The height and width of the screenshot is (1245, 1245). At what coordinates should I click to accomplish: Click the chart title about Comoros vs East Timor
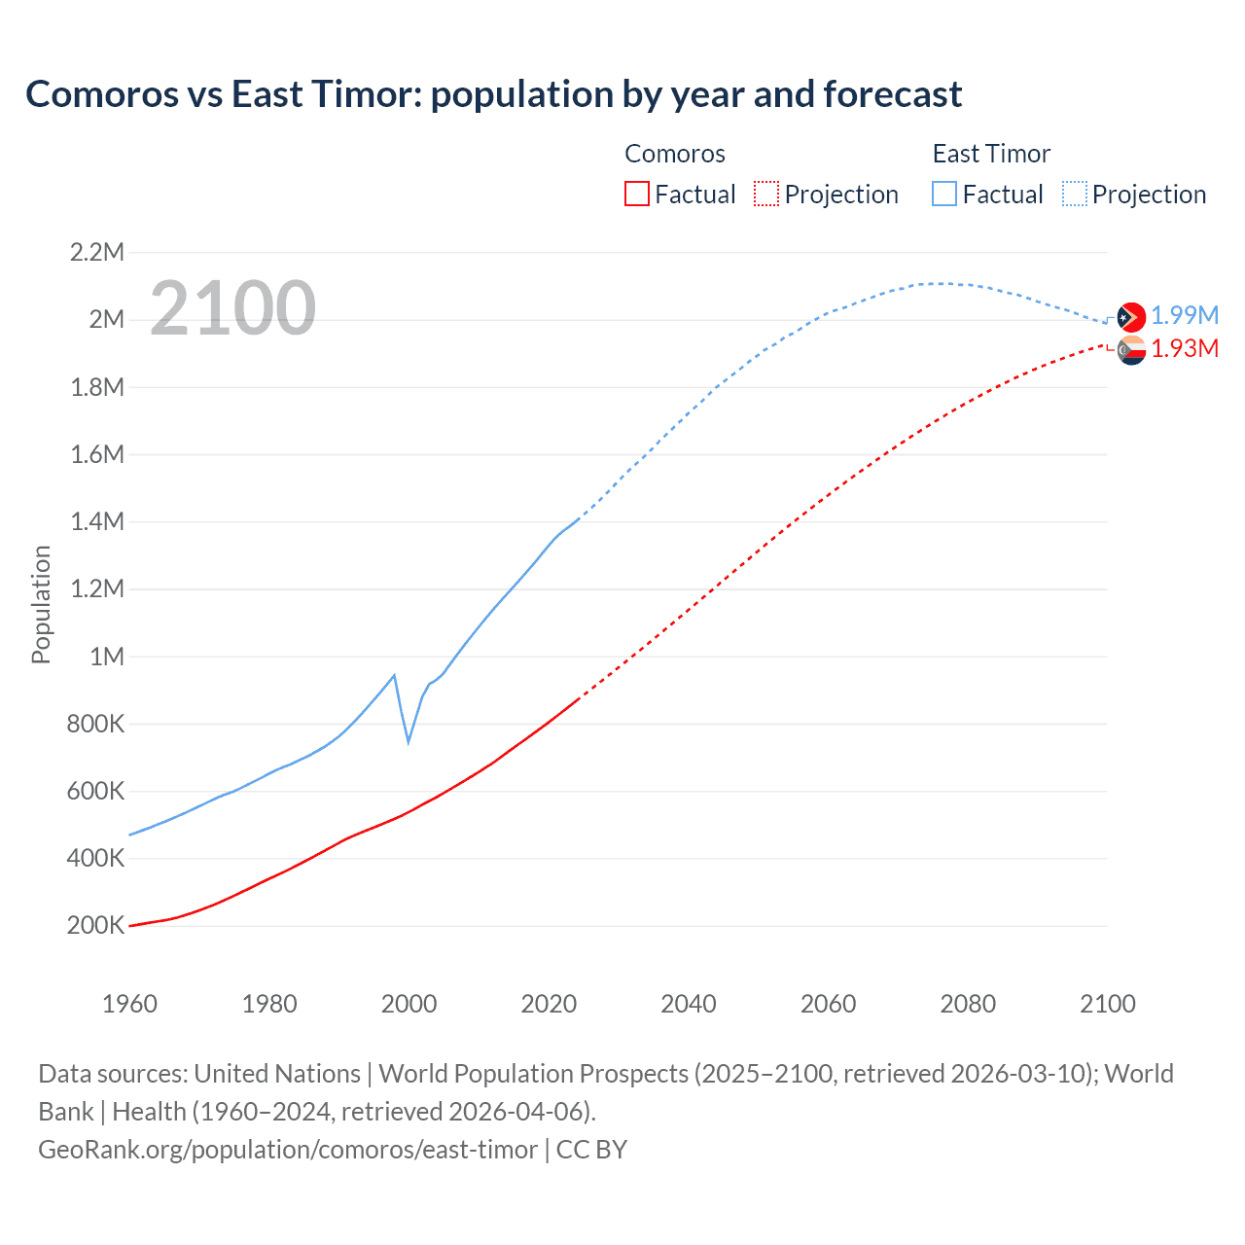493,94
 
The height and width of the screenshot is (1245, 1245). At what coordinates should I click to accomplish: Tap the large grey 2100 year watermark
232,308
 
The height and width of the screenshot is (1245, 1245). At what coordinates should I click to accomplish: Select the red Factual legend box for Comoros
636,194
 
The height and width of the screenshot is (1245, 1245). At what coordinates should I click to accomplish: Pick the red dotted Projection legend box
766,194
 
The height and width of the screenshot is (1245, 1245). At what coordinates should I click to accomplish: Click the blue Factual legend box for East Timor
943,194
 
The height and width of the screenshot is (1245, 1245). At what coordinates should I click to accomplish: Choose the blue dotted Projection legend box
1074,194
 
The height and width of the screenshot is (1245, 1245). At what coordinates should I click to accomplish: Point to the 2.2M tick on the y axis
97,253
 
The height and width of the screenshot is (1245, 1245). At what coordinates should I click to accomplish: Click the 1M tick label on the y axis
107,657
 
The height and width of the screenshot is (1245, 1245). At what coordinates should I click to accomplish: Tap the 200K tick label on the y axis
95,926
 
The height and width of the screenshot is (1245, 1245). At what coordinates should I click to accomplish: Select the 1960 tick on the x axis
129,1004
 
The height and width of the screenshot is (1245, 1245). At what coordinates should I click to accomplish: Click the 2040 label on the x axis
689,1004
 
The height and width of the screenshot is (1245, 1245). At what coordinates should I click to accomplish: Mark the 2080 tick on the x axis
968,1004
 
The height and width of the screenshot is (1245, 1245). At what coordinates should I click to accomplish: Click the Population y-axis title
41,604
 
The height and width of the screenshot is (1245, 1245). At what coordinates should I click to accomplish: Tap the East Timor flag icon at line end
1131,317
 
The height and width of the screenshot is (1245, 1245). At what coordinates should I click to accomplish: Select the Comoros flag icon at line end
1131,350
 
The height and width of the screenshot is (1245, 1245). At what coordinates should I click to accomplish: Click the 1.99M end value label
1185,316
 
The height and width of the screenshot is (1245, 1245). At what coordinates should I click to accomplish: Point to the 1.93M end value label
1185,349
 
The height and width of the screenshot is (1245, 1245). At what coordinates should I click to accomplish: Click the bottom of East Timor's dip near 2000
409,741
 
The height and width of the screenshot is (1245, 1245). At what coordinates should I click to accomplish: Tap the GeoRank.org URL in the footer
288,1150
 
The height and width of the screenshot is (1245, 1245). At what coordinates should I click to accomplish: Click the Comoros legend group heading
675,154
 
